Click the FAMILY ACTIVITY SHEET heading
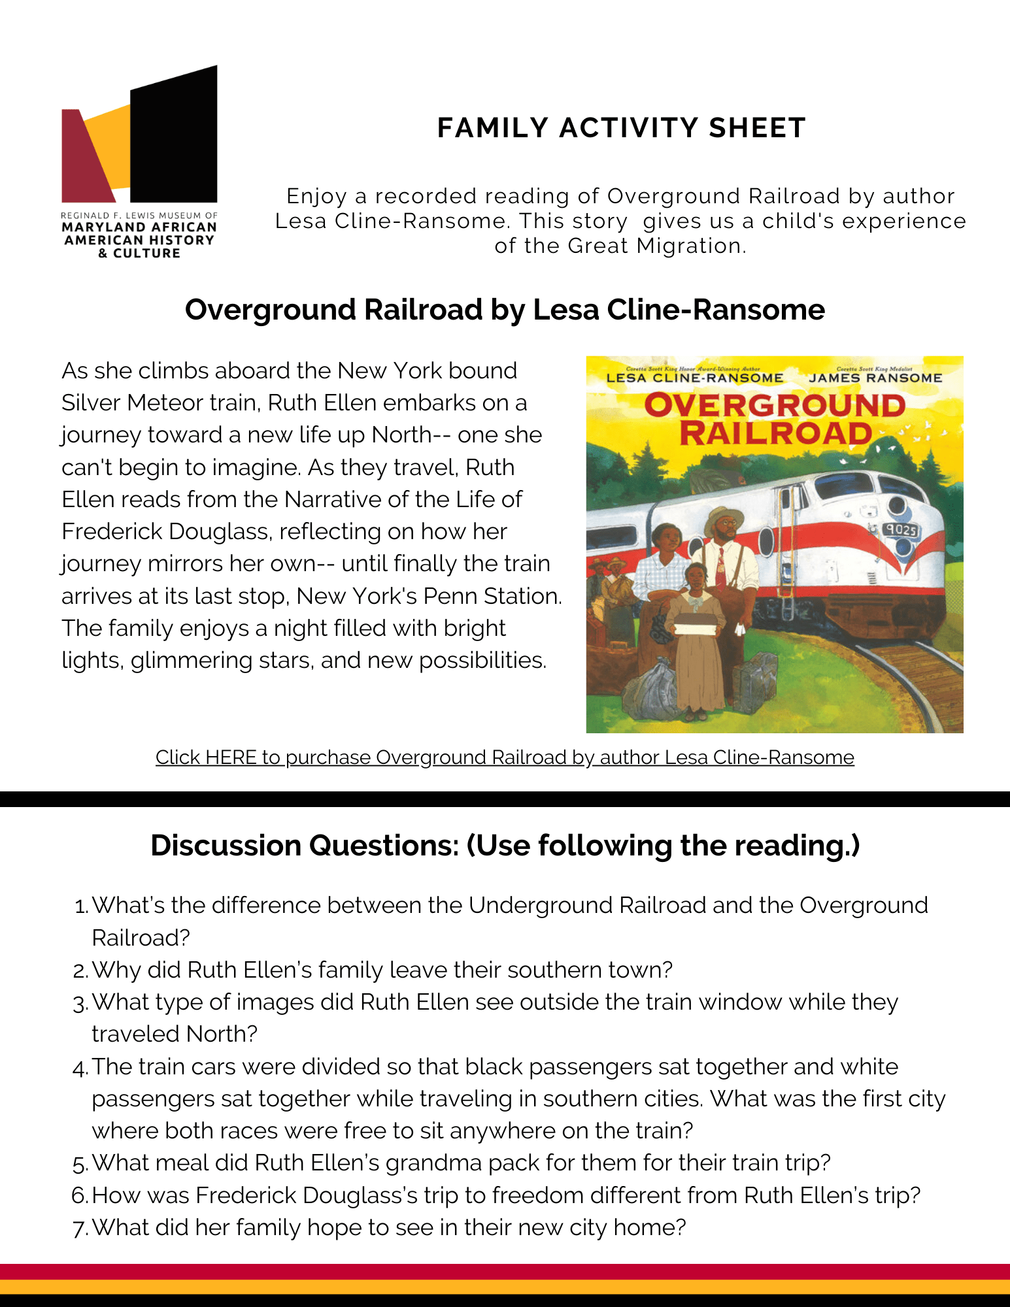click(x=621, y=128)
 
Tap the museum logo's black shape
click(x=174, y=137)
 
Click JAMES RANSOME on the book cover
click(x=875, y=378)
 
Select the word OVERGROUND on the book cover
click(x=775, y=406)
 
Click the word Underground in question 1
click(x=540, y=906)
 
